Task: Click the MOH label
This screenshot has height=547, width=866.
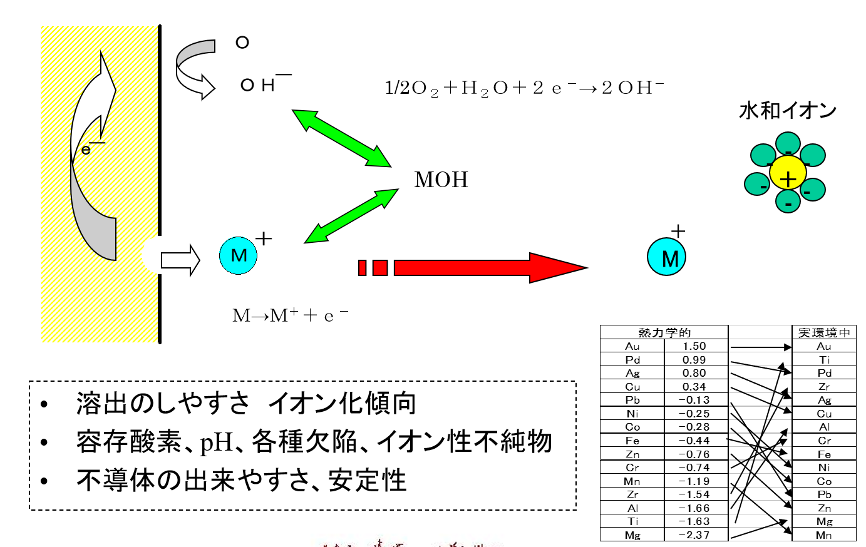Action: tap(441, 180)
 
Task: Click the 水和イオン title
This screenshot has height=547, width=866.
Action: tap(788, 111)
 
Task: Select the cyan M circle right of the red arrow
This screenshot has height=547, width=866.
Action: tap(667, 257)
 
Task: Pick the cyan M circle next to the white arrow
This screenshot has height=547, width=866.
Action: tap(239, 255)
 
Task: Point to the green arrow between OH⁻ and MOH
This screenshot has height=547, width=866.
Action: tap(341, 138)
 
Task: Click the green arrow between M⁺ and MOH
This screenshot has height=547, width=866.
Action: tap(351, 216)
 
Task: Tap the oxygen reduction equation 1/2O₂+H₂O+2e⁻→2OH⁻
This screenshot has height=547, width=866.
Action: tap(524, 88)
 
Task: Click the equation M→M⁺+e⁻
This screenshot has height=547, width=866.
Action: tap(290, 315)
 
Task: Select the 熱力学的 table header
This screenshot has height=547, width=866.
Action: tap(664, 332)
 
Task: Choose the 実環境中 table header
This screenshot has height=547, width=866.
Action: tap(824, 332)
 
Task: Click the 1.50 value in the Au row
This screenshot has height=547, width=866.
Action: tap(694, 346)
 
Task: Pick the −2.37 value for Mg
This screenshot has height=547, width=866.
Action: tap(694, 535)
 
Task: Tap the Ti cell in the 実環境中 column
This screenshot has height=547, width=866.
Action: tap(824, 360)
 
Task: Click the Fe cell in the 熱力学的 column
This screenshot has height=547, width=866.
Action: tap(632, 441)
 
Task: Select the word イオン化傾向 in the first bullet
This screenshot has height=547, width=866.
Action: tap(343, 404)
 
